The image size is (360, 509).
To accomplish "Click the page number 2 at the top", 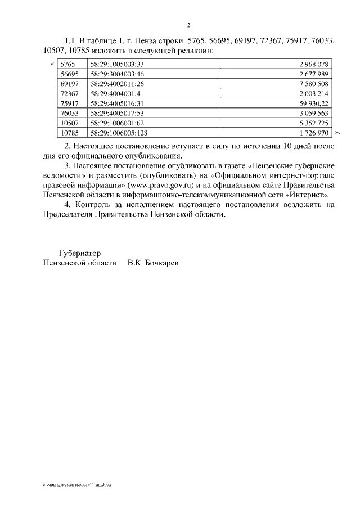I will tap(189, 25).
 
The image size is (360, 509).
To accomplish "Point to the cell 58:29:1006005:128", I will tap(118, 133).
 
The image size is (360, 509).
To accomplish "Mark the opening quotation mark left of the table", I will tap(53, 64).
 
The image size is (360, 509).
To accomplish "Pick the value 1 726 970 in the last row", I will tap(314, 133).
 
